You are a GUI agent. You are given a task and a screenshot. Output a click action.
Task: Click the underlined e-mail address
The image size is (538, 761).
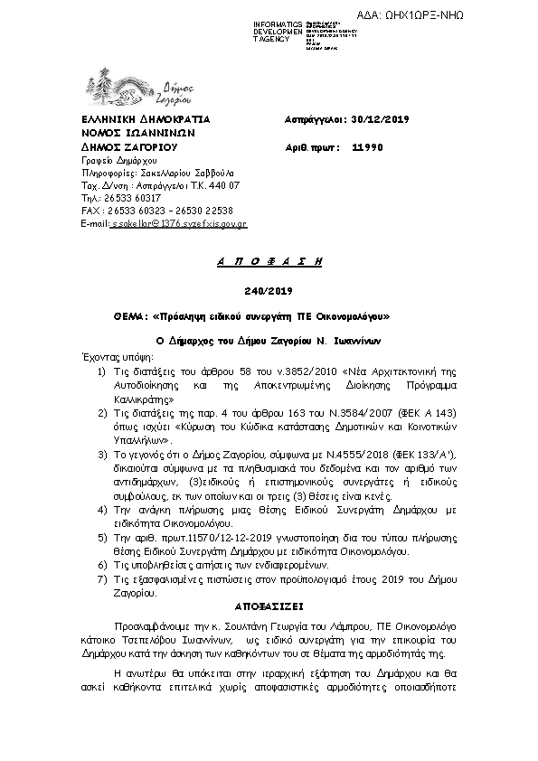(x=178, y=222)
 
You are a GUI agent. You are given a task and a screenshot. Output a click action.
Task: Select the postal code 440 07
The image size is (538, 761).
(x=222, y=184)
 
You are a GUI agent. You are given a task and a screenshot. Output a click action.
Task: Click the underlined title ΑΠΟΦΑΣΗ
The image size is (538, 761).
(x=269, y=260)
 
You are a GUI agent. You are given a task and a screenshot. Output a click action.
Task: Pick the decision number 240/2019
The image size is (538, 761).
(x=269, y=289)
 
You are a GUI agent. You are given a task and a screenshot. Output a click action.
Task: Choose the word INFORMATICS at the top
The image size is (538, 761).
(x=278, y=21)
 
